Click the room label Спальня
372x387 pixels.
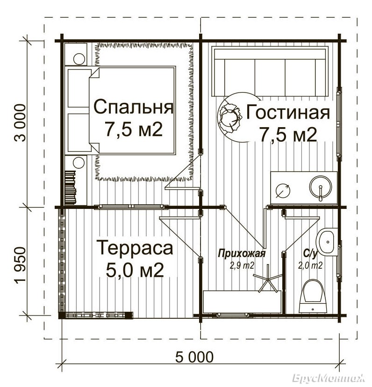(x=134, y=107)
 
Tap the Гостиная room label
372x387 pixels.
(x=288, y=112)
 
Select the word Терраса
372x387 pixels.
(x=136, y=248)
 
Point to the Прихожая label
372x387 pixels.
(x=242, y=253)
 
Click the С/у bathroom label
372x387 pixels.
(x=310, y=253)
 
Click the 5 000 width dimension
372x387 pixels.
(x=194, y=357)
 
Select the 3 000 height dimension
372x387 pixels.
(x=20, y=122)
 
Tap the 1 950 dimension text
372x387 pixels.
(x=20, y=268)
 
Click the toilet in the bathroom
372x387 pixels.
(x=313, y=296)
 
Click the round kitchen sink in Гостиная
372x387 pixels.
(x=321, y=188)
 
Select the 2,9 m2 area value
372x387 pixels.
(x=242, y=265)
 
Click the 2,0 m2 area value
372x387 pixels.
(x=310, y=265)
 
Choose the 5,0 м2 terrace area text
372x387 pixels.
(x=135, y=270)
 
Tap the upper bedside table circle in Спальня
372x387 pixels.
(x=79, y=59)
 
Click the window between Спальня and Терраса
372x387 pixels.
(x=131, y=207)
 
